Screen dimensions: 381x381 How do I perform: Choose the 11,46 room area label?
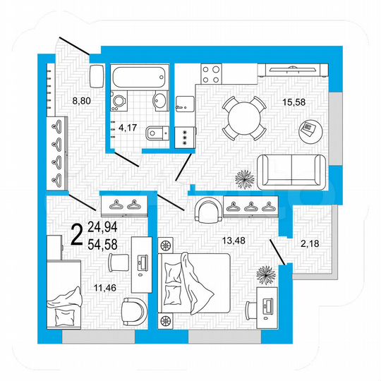tap(92, 288)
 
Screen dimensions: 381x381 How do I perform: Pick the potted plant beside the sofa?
tap(243, 179)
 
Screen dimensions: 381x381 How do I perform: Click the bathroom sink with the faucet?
tap(160, 102)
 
